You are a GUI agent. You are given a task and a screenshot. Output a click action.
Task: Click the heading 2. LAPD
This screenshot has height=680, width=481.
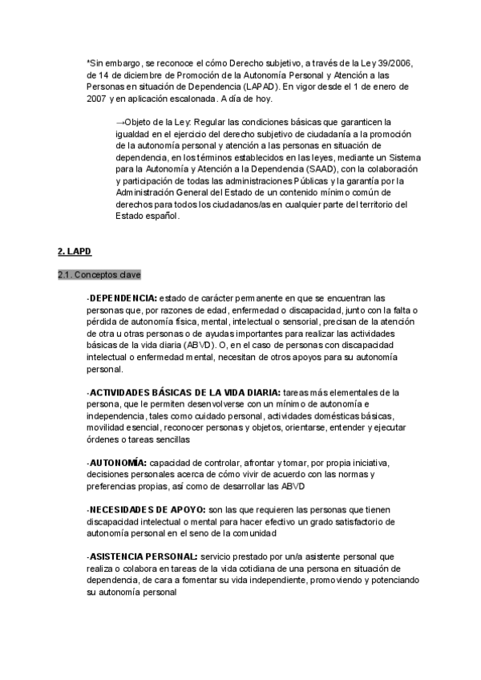75,252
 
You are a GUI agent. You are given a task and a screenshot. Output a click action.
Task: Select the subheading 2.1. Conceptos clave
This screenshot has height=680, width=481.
99,275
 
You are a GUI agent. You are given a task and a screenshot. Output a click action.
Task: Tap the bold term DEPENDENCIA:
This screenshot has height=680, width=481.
123,298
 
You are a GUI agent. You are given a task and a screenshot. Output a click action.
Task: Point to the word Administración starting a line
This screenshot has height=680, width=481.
147,193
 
